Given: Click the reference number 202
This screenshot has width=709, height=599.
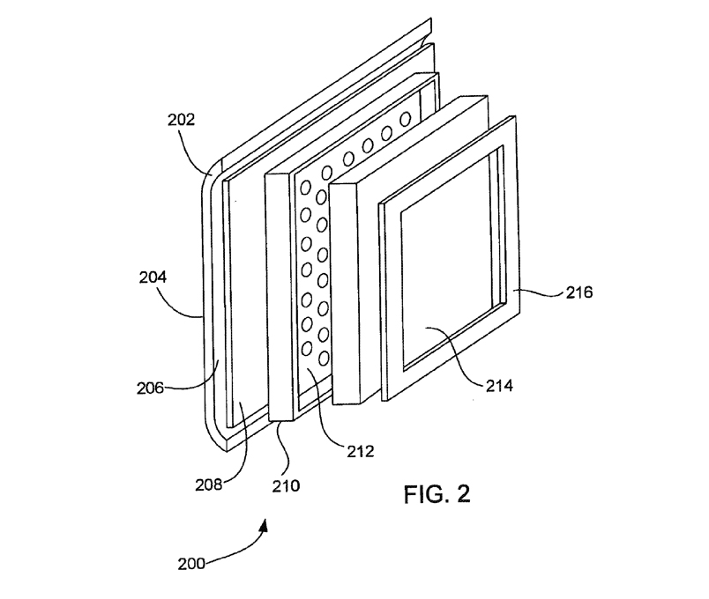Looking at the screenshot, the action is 181,120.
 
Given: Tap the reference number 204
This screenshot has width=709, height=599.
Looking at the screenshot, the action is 153,277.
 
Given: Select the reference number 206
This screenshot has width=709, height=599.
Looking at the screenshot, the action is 150,388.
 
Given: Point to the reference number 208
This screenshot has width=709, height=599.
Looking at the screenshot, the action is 209,484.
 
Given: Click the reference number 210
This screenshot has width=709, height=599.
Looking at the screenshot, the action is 286,485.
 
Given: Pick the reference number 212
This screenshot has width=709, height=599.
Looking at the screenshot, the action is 361,451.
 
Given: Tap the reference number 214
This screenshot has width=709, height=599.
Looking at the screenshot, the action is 499,386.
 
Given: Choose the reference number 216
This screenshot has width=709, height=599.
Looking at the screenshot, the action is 579,292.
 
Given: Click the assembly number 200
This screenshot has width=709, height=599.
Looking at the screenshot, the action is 191,565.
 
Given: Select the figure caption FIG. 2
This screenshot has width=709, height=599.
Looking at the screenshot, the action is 437,494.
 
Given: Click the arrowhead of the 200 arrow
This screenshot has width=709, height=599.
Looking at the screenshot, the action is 264,525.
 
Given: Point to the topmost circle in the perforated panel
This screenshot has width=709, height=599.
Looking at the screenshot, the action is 405,119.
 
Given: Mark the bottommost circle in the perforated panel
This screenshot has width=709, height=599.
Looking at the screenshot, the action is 324,359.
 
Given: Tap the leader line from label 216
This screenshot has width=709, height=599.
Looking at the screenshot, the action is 540,293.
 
